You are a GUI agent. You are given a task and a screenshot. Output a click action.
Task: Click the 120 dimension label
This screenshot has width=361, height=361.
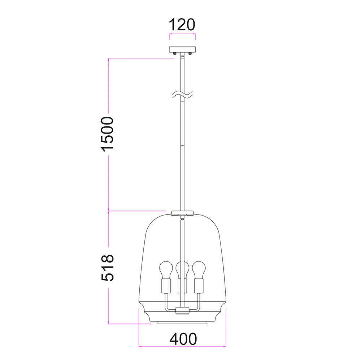point(182,25)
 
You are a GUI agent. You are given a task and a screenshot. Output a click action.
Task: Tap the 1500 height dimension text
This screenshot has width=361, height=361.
point(108,134)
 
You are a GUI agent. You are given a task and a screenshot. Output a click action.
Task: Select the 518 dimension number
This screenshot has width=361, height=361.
point(108,268)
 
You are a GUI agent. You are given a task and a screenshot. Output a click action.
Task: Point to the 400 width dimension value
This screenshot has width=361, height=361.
point(183,339)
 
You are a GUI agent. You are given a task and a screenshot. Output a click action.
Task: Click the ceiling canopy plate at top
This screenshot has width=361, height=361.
point(182,49)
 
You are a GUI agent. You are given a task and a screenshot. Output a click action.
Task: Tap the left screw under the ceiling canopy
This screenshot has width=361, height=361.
point(175,54)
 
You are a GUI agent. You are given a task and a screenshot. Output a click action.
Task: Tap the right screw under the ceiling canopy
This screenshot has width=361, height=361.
point(190,54)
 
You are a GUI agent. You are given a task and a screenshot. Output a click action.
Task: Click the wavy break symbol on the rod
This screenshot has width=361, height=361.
point(183,95)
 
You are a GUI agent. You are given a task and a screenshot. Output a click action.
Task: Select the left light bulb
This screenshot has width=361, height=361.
point(166,270)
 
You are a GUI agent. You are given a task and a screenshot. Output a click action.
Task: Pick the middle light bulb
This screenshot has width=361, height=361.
point(182,270)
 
